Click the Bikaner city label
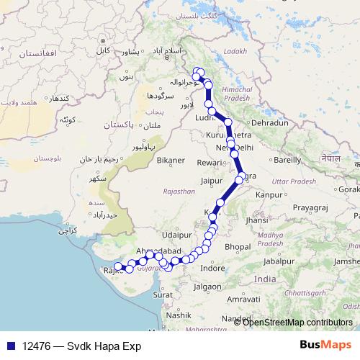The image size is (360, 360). (x=171, y=160)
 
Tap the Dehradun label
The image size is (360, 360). (x=270, y=123)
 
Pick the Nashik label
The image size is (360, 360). (x=178, y=315)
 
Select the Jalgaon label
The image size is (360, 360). (x=207, y=286)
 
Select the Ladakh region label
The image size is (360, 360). (x=235, y=51)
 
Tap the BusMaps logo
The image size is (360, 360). (x=325, y=345)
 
